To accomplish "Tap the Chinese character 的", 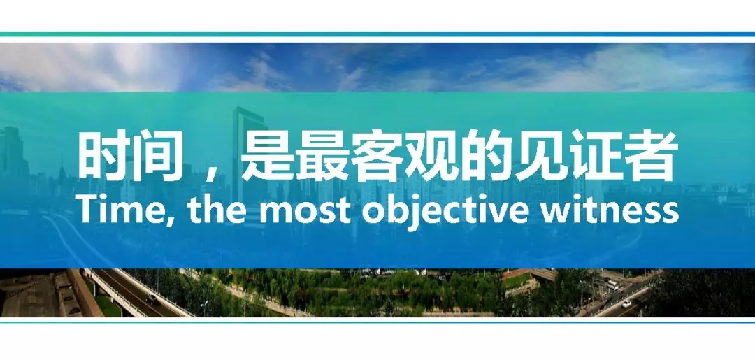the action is click(x=487, y=155).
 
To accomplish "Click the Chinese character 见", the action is click(x=542, y=155).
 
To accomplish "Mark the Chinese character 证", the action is click(x=597, y=155).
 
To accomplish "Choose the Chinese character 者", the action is click(x=652, y=155).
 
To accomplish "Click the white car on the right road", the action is click(x=626, y=303).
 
